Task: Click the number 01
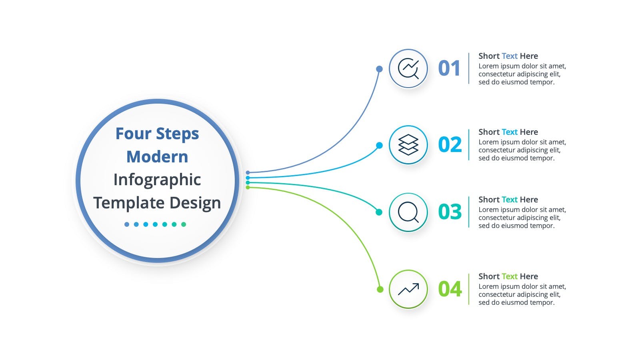pos(449,68)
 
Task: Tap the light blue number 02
pos(450,144)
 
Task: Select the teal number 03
pos(450,212)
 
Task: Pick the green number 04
pos(450,289)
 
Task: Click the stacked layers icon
pos(408,144)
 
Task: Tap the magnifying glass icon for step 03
pos(408,212)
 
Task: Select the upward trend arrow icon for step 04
pos(408,289)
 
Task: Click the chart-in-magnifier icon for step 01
pos(408,68)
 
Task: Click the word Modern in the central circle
pos(157,157)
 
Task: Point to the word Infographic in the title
pos(157,180)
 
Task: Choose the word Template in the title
pos(129,203)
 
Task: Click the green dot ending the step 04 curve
pos(380,289)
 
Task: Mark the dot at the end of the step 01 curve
pos(380,69)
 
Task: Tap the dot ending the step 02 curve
pos(380,146)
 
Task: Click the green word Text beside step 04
pos(510,276)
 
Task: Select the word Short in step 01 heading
pos(489,56)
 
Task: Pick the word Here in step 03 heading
pos(529,200)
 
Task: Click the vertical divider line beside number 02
pos(469,145)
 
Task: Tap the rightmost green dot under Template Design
pos(184,224)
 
